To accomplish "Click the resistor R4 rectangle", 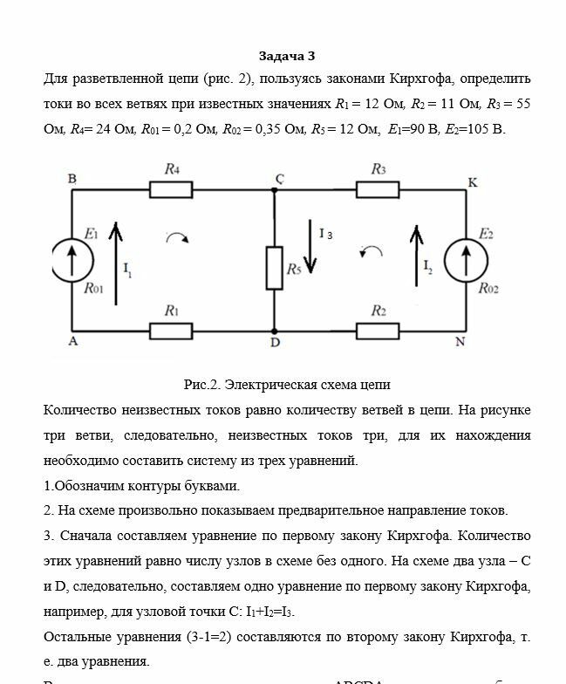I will (170, 189).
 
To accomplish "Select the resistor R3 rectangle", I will (378, 189).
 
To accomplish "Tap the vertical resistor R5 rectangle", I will (274, 268).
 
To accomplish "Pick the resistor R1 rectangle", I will (170, 331).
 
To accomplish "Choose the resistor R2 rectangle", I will (378, 331).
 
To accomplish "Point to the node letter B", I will (72, 179).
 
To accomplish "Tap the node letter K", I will (474, 182).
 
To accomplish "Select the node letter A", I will (73, 343).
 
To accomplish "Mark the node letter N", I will (460, 343).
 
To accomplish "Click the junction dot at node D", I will (274, 331).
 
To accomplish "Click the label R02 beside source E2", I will (489, 289).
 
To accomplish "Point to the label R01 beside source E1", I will (94, 289).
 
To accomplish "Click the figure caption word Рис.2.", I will (202, 384).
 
